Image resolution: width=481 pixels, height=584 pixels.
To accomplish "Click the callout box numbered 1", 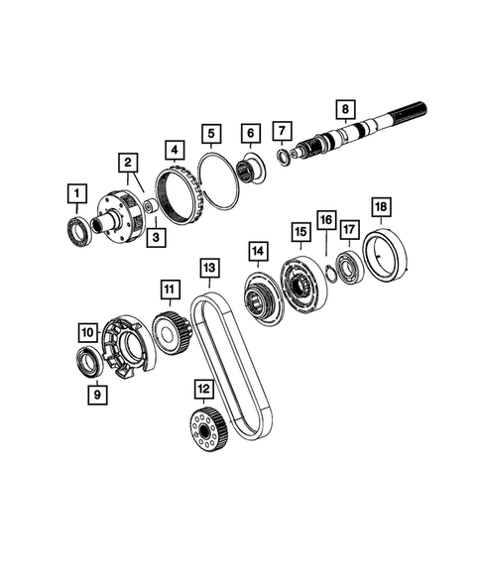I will coord(74,191).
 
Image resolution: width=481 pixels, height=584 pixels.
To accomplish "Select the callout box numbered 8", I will coord(345,108).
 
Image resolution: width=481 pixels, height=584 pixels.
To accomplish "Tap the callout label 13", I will coord(208,269).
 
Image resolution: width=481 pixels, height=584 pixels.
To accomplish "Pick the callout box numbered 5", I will coord(212,132).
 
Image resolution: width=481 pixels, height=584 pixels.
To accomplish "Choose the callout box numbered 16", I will coord(325,219).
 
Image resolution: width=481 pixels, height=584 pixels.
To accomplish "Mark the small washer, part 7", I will coord(285,157).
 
